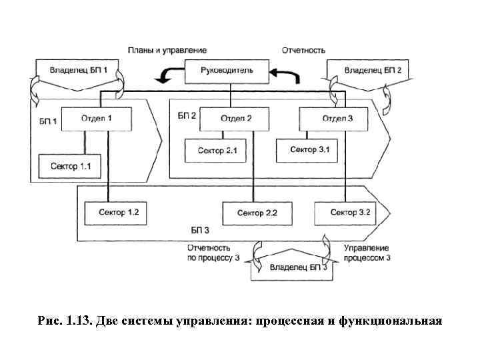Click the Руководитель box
click(x=227, y=70)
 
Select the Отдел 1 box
click(x=96, y=119)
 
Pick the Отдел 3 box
click(x=333, y=119)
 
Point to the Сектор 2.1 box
click(x=217, y=151)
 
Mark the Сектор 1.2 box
click(x=118, y=213)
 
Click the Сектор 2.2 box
click(x=252, y=213)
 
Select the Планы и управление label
click(x=167, y=50)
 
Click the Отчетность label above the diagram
click(x=303, y=50)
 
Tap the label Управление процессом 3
click(x=367, y=252)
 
